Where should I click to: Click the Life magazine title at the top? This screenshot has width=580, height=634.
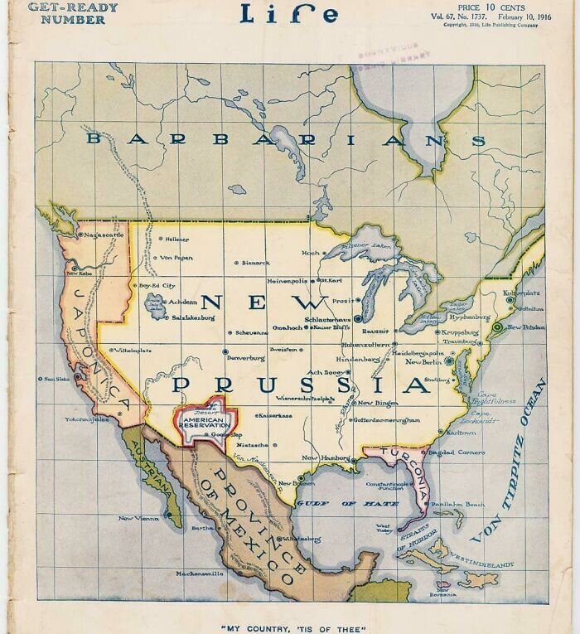click(288, 14)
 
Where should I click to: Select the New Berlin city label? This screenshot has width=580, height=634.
click(425, 362)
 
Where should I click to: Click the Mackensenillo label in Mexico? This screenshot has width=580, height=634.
click(200, 573)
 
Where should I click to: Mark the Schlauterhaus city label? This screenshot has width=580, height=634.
click(330, 318)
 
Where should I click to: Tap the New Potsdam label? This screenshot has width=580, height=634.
click(526, 327)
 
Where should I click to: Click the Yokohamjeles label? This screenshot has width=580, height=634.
click(86, 419)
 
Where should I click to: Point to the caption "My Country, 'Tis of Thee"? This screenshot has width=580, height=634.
click(292, 628)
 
